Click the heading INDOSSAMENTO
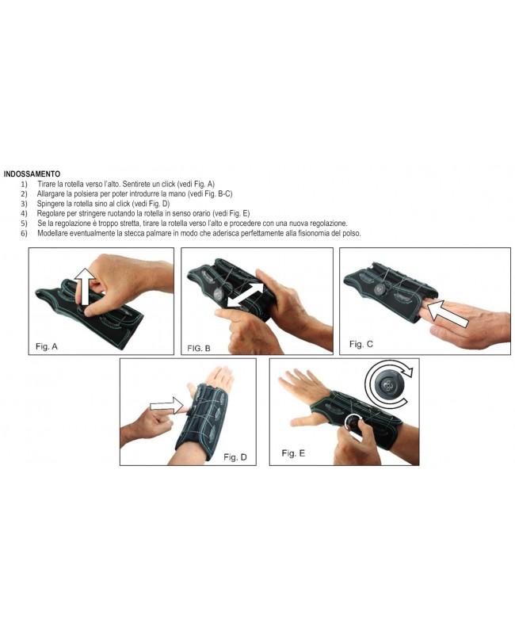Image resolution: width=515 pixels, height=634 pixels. pyautogui.click(x=32, y=174)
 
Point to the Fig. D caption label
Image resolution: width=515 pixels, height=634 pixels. pyautogui.click(x=235, y=456)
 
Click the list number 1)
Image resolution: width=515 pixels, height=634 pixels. pyautogui.click(x=25, y=183)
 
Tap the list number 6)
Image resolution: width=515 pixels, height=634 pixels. pyautogui.click(x=25, y=234)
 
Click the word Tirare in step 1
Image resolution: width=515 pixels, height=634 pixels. pyautogui.click(x=48, y=183)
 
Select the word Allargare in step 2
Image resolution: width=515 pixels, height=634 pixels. pyautogui.click(x=53, y=193)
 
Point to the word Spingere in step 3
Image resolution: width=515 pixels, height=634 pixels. pyautogui.click(x=51, y=204)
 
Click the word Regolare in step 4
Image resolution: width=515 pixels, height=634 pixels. pyautogui.click(x=51, y=214)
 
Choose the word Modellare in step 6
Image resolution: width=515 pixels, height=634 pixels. pyautogui.click(x=54, y=234)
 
